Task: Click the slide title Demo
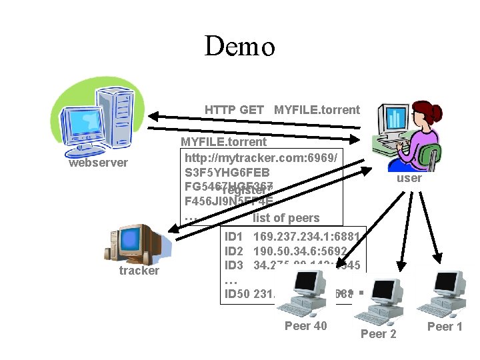point(239,47)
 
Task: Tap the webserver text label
point(98,163)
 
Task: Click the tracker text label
point(139,271)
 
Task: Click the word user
point(409,178)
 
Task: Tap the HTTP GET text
point(234,110)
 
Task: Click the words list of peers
point(286,217)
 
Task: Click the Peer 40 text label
point(305,326)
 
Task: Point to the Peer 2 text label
point(378,333)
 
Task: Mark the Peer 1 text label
point(444,326)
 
